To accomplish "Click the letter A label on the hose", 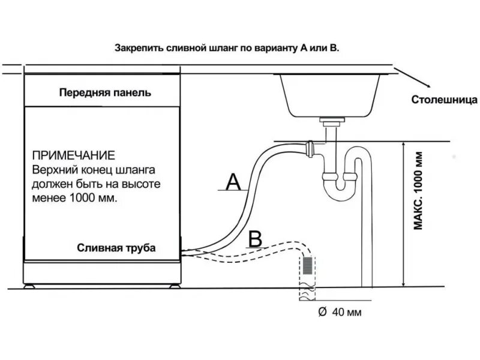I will (234, 179).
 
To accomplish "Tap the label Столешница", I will (445, 99).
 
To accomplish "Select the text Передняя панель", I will (105, 93).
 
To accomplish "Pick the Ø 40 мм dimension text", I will (341, 312).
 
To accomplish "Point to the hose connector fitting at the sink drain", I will (310, 146).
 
